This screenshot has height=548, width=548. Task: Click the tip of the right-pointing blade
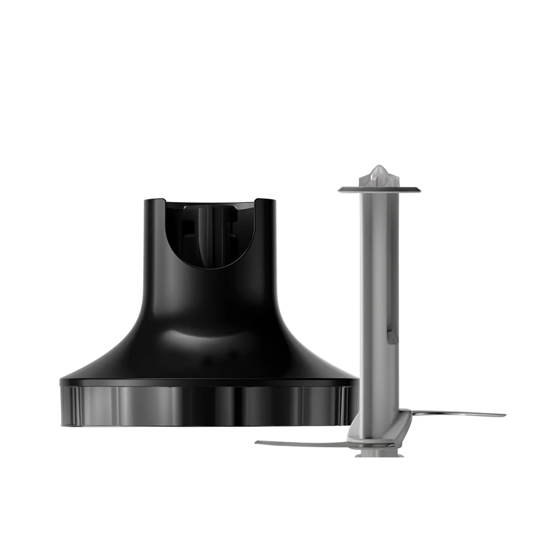(504, 415)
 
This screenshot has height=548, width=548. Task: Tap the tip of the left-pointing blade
(257, 442)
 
